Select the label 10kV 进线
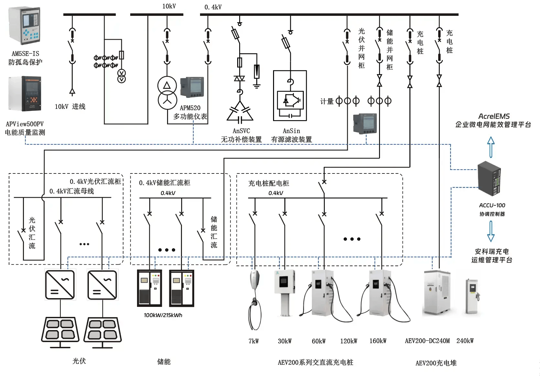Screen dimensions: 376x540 [70, 107]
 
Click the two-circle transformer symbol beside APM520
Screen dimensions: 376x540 [167, 93]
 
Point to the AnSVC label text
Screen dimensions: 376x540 [241, 131]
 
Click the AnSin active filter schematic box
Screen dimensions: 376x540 [290, 96]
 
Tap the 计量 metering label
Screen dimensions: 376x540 [326, 101]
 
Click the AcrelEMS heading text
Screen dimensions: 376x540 [494, 116]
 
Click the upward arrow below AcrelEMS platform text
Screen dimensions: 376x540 [491, 147]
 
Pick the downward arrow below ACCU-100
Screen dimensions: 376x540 [491, 231]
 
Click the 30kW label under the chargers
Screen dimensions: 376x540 [285, 341]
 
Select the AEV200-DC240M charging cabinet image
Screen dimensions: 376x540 [436, 292]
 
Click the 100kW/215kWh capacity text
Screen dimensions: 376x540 [163, 315]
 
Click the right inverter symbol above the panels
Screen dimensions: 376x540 [102, 285]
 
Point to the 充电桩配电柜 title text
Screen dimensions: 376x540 [269, 183]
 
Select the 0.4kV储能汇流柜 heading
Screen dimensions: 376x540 [164, 183]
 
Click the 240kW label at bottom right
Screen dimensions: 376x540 [465, 341]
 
